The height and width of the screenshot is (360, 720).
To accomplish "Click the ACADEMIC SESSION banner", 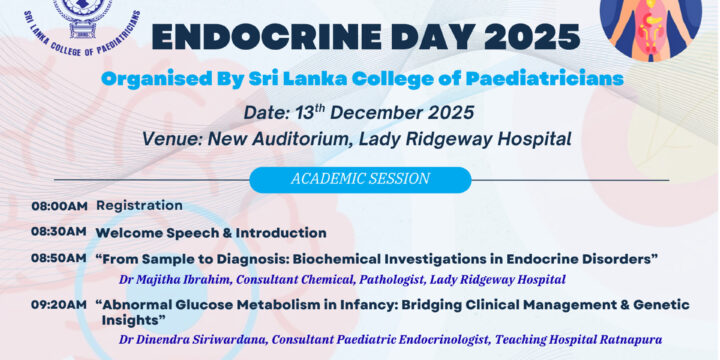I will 359,179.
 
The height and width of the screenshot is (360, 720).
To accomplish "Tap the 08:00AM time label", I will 58,206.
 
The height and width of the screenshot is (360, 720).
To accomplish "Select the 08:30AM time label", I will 58,233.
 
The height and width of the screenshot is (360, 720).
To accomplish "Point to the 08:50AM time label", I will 58,258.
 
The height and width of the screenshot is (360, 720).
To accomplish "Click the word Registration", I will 139,206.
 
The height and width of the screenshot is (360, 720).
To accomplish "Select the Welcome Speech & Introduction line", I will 210,233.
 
